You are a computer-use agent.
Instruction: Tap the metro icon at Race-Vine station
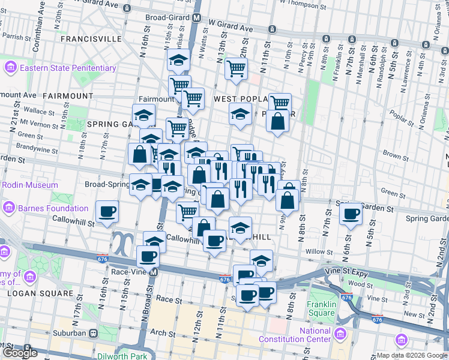[154, 272]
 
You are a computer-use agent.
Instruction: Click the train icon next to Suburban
[93, 333]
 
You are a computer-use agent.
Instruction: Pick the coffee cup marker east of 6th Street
[351, 213]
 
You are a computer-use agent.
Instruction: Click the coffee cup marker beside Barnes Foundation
[107, 212]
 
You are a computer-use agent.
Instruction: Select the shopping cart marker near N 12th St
[236, 68]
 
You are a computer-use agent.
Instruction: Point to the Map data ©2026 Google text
[411, 355]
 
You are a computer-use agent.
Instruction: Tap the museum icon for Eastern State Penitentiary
[11, 68]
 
